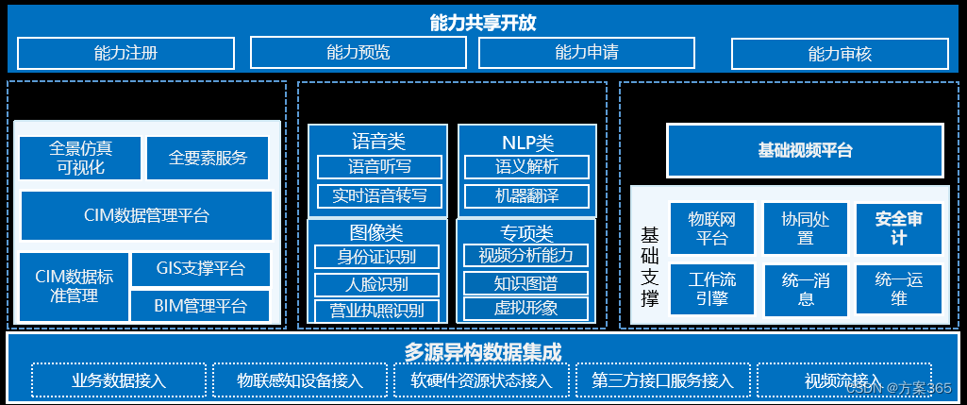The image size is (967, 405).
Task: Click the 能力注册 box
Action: pyautogui.click(x=125, y=53)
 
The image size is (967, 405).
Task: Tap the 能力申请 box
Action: pyautogui.click(x=587, y=53)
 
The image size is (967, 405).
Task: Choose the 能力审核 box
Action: pyautogui.click(x=840, y=54)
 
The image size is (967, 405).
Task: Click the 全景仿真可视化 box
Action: pyautogui.click(x=80, y=158)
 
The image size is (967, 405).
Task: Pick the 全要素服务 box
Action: pyautogui.click(x=208, y=158)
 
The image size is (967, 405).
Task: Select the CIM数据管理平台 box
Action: pyautogui.click(x=146, y=215)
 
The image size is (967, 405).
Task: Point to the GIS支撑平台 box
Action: pyautogui.click(x=201, y=269)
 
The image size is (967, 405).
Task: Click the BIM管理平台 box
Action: pyautogui.click(x=201, y=305)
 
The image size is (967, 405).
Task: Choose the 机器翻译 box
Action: pyautogui.click(x=526, y=196)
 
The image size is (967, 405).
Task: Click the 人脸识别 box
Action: pyautogui.click(x=375, y=284)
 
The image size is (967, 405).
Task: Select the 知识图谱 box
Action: pyautogui.click(x=525, y=283)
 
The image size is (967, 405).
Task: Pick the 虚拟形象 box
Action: pyautogui.click(x=525, y=308)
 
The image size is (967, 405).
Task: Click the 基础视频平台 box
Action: pyautogui.click(x=805, y=150)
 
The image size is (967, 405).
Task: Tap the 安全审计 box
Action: pyautogui.click(x=898, y=228)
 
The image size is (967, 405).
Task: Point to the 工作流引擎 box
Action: pyautogui.click(x=712, y=289)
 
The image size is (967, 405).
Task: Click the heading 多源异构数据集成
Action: pyautogui.click(x=483, y=352)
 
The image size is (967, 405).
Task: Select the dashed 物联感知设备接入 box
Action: pyautogui.click(x=300, y=380)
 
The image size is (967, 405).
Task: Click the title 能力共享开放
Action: pyautogui.click(x=483, y=24)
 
